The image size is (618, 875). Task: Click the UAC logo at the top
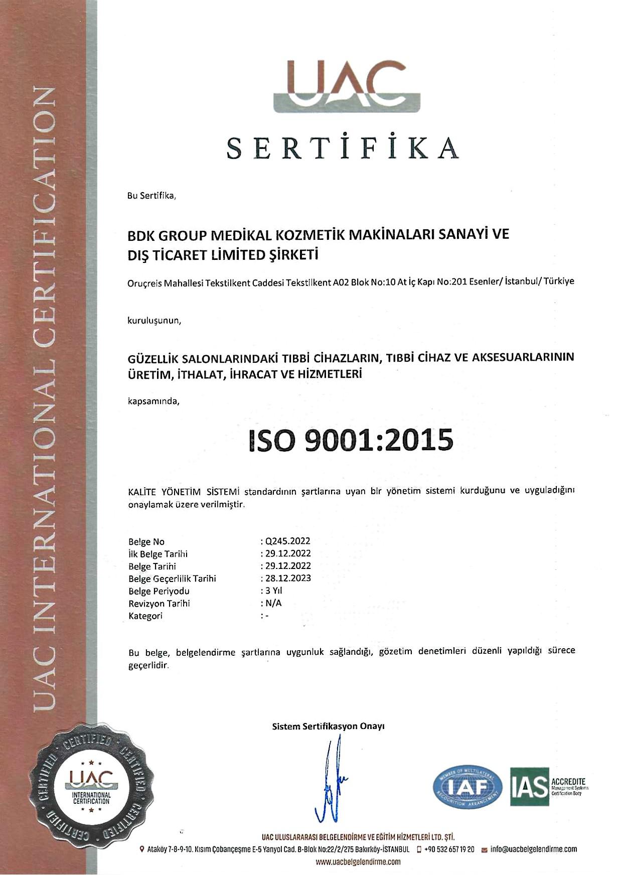point(347,86)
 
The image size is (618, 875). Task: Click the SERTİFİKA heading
point(343,148)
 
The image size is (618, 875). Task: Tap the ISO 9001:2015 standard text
point(351,440)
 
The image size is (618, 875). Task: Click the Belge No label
point(146,542)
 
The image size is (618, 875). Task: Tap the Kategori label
point(145,616)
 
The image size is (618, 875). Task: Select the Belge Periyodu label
point(159,591)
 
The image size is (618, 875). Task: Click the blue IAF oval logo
point(468,787)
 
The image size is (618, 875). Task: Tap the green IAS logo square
point(530,787)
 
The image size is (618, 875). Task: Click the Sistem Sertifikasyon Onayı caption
point(328,726)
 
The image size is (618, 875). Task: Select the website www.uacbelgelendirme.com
point(358,862)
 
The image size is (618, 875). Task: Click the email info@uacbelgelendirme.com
point(533,849)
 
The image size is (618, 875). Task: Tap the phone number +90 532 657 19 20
point(449,849)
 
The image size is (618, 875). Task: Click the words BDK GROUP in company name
point(168,235)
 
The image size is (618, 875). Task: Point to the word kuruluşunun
point(154,321)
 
